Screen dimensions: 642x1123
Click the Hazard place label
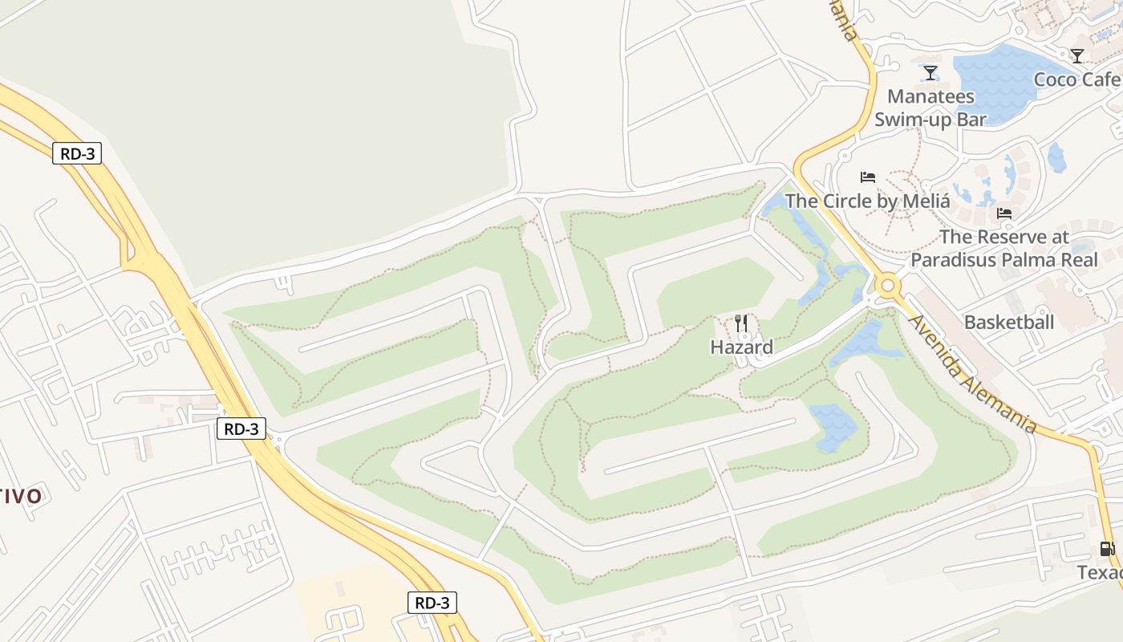coord(741,347)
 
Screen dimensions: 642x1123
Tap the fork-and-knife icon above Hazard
coord(741,323)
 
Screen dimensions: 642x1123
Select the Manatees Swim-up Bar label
coord(930,108)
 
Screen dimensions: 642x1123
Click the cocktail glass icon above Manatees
coord(930,73)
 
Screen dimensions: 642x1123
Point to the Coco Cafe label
coord(1076,79)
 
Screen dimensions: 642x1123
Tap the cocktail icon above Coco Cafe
coord(1077,55)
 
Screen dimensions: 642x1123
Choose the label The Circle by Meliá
coord(867,201)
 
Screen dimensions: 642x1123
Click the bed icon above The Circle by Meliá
coord(867,177)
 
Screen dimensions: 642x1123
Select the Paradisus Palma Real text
coord(1003,260)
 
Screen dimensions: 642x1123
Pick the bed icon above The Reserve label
coord(1003,213)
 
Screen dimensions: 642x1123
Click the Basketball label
coord(1008,323)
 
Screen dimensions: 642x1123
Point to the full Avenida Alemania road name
coord(972,374)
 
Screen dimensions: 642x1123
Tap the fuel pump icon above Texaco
coord(1106,550)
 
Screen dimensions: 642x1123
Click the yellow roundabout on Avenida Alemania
coord(887,286)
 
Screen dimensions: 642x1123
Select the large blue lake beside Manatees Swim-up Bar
coord(995,80)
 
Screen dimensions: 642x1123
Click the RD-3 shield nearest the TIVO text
coord(241,429)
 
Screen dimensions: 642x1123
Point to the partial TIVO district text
coord(20,496)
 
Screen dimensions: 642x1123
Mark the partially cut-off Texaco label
coord(1099,573)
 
